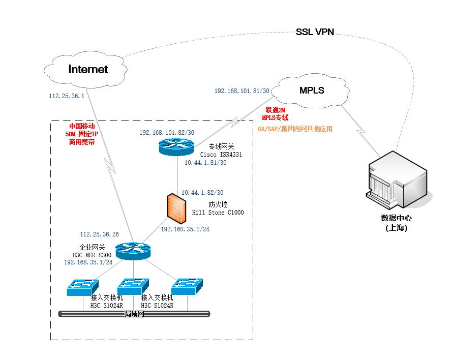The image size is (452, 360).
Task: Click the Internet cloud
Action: pyautogui.click(x=87, y=70)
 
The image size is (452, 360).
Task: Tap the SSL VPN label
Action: pyautogui.click(x=315, y=32)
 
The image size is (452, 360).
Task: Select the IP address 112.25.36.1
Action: pyautogui.click(x=66, y=96)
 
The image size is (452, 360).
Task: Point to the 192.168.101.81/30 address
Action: pyautogui.click(x=242, y=91)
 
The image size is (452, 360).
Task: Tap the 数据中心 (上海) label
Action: pyautogui.click(x=397, y=223)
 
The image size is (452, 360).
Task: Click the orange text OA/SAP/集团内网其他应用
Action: pyautogui.click(x=295, y=129)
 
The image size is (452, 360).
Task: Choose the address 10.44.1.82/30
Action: pyautogui.click(x=202, y=193)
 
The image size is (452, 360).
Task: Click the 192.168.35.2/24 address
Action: pyautogui.click(x=185, y=229)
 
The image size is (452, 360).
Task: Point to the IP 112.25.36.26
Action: pyautogui.click(x=100, y=234)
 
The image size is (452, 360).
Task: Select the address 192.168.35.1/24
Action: pyautogui.click(x=88, y=262)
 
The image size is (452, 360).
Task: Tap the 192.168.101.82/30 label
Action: pyautogui.click(x=167, y=133)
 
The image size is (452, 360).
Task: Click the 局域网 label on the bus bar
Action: pyautogui.click(x=135, y=314)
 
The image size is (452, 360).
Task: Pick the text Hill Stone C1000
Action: pyautogui.click(x=218, y=212)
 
